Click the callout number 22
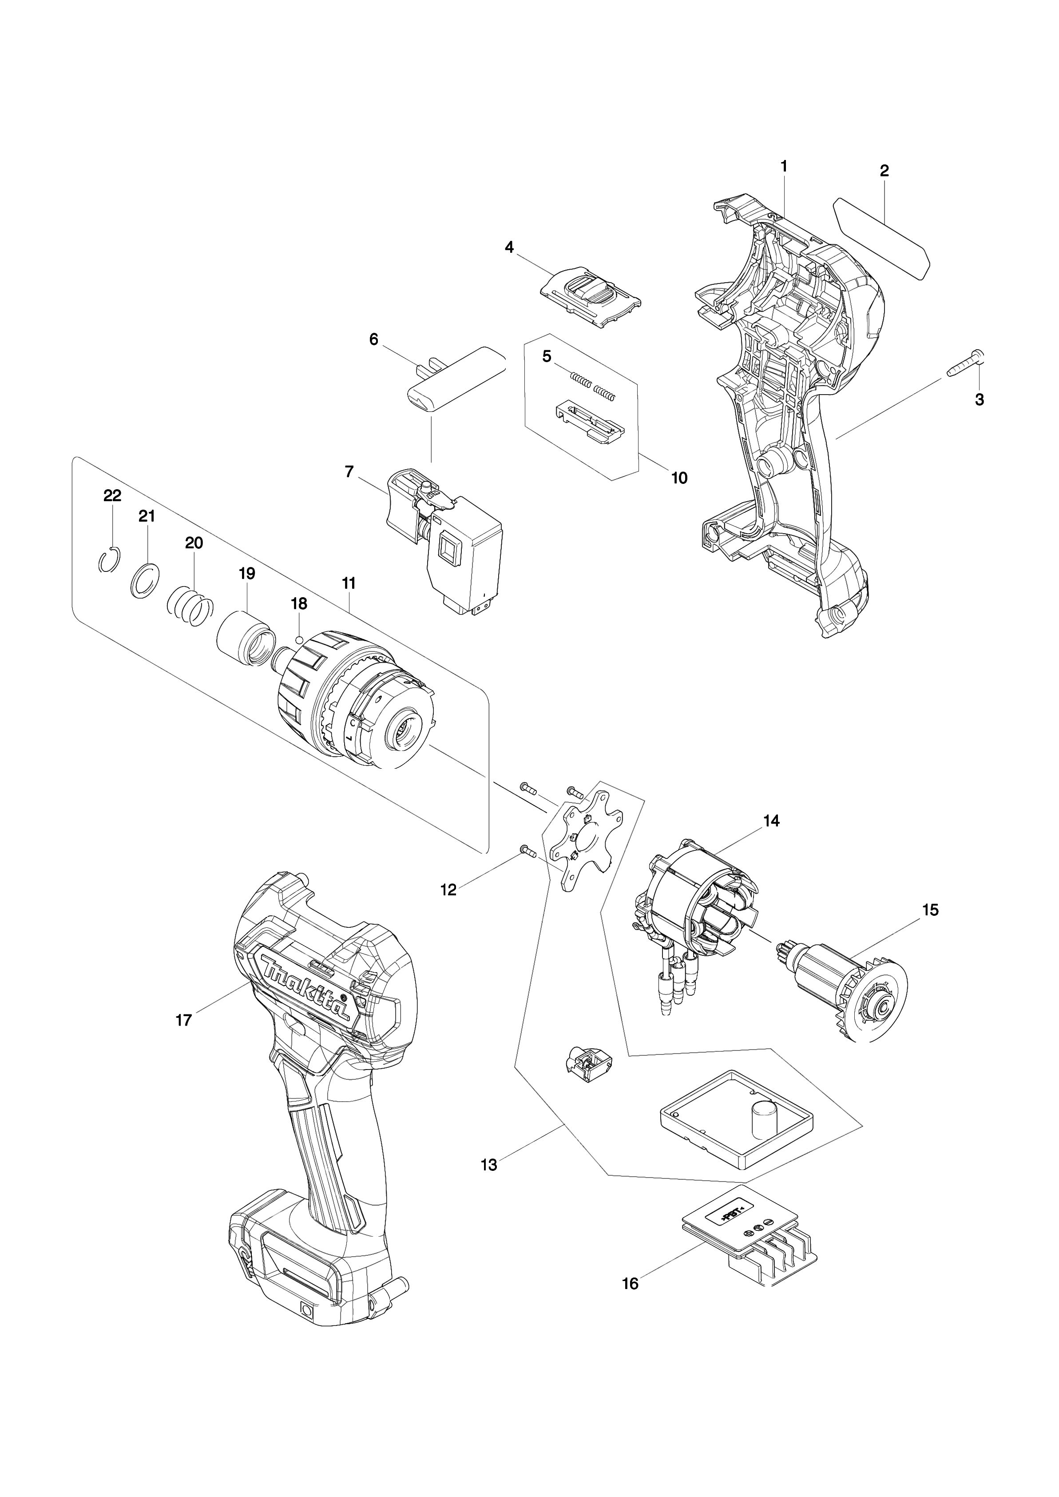(112, 496)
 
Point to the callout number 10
(679, 478)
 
